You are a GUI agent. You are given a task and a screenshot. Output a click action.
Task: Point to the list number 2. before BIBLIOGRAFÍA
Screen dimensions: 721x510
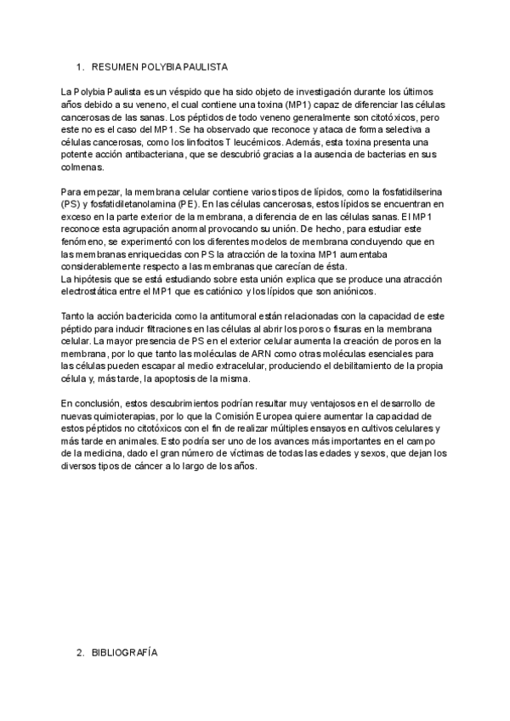pos(81,653)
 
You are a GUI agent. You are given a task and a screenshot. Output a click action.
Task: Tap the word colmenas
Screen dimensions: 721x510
pos(82,167)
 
